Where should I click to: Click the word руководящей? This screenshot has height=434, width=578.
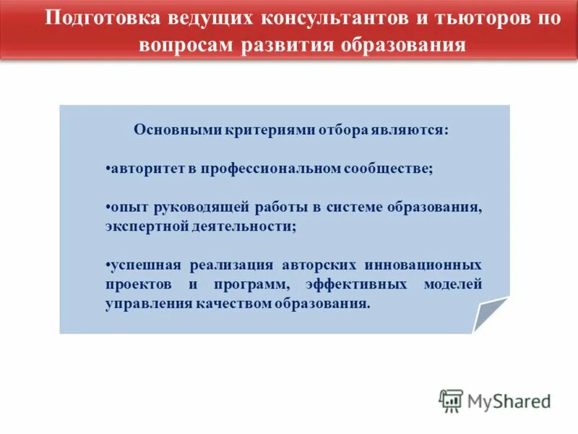click(x=202, y=207)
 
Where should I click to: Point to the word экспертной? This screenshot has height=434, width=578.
click(x=140, y=226)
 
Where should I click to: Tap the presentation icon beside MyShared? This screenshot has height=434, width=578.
click(x=451, y=401)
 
